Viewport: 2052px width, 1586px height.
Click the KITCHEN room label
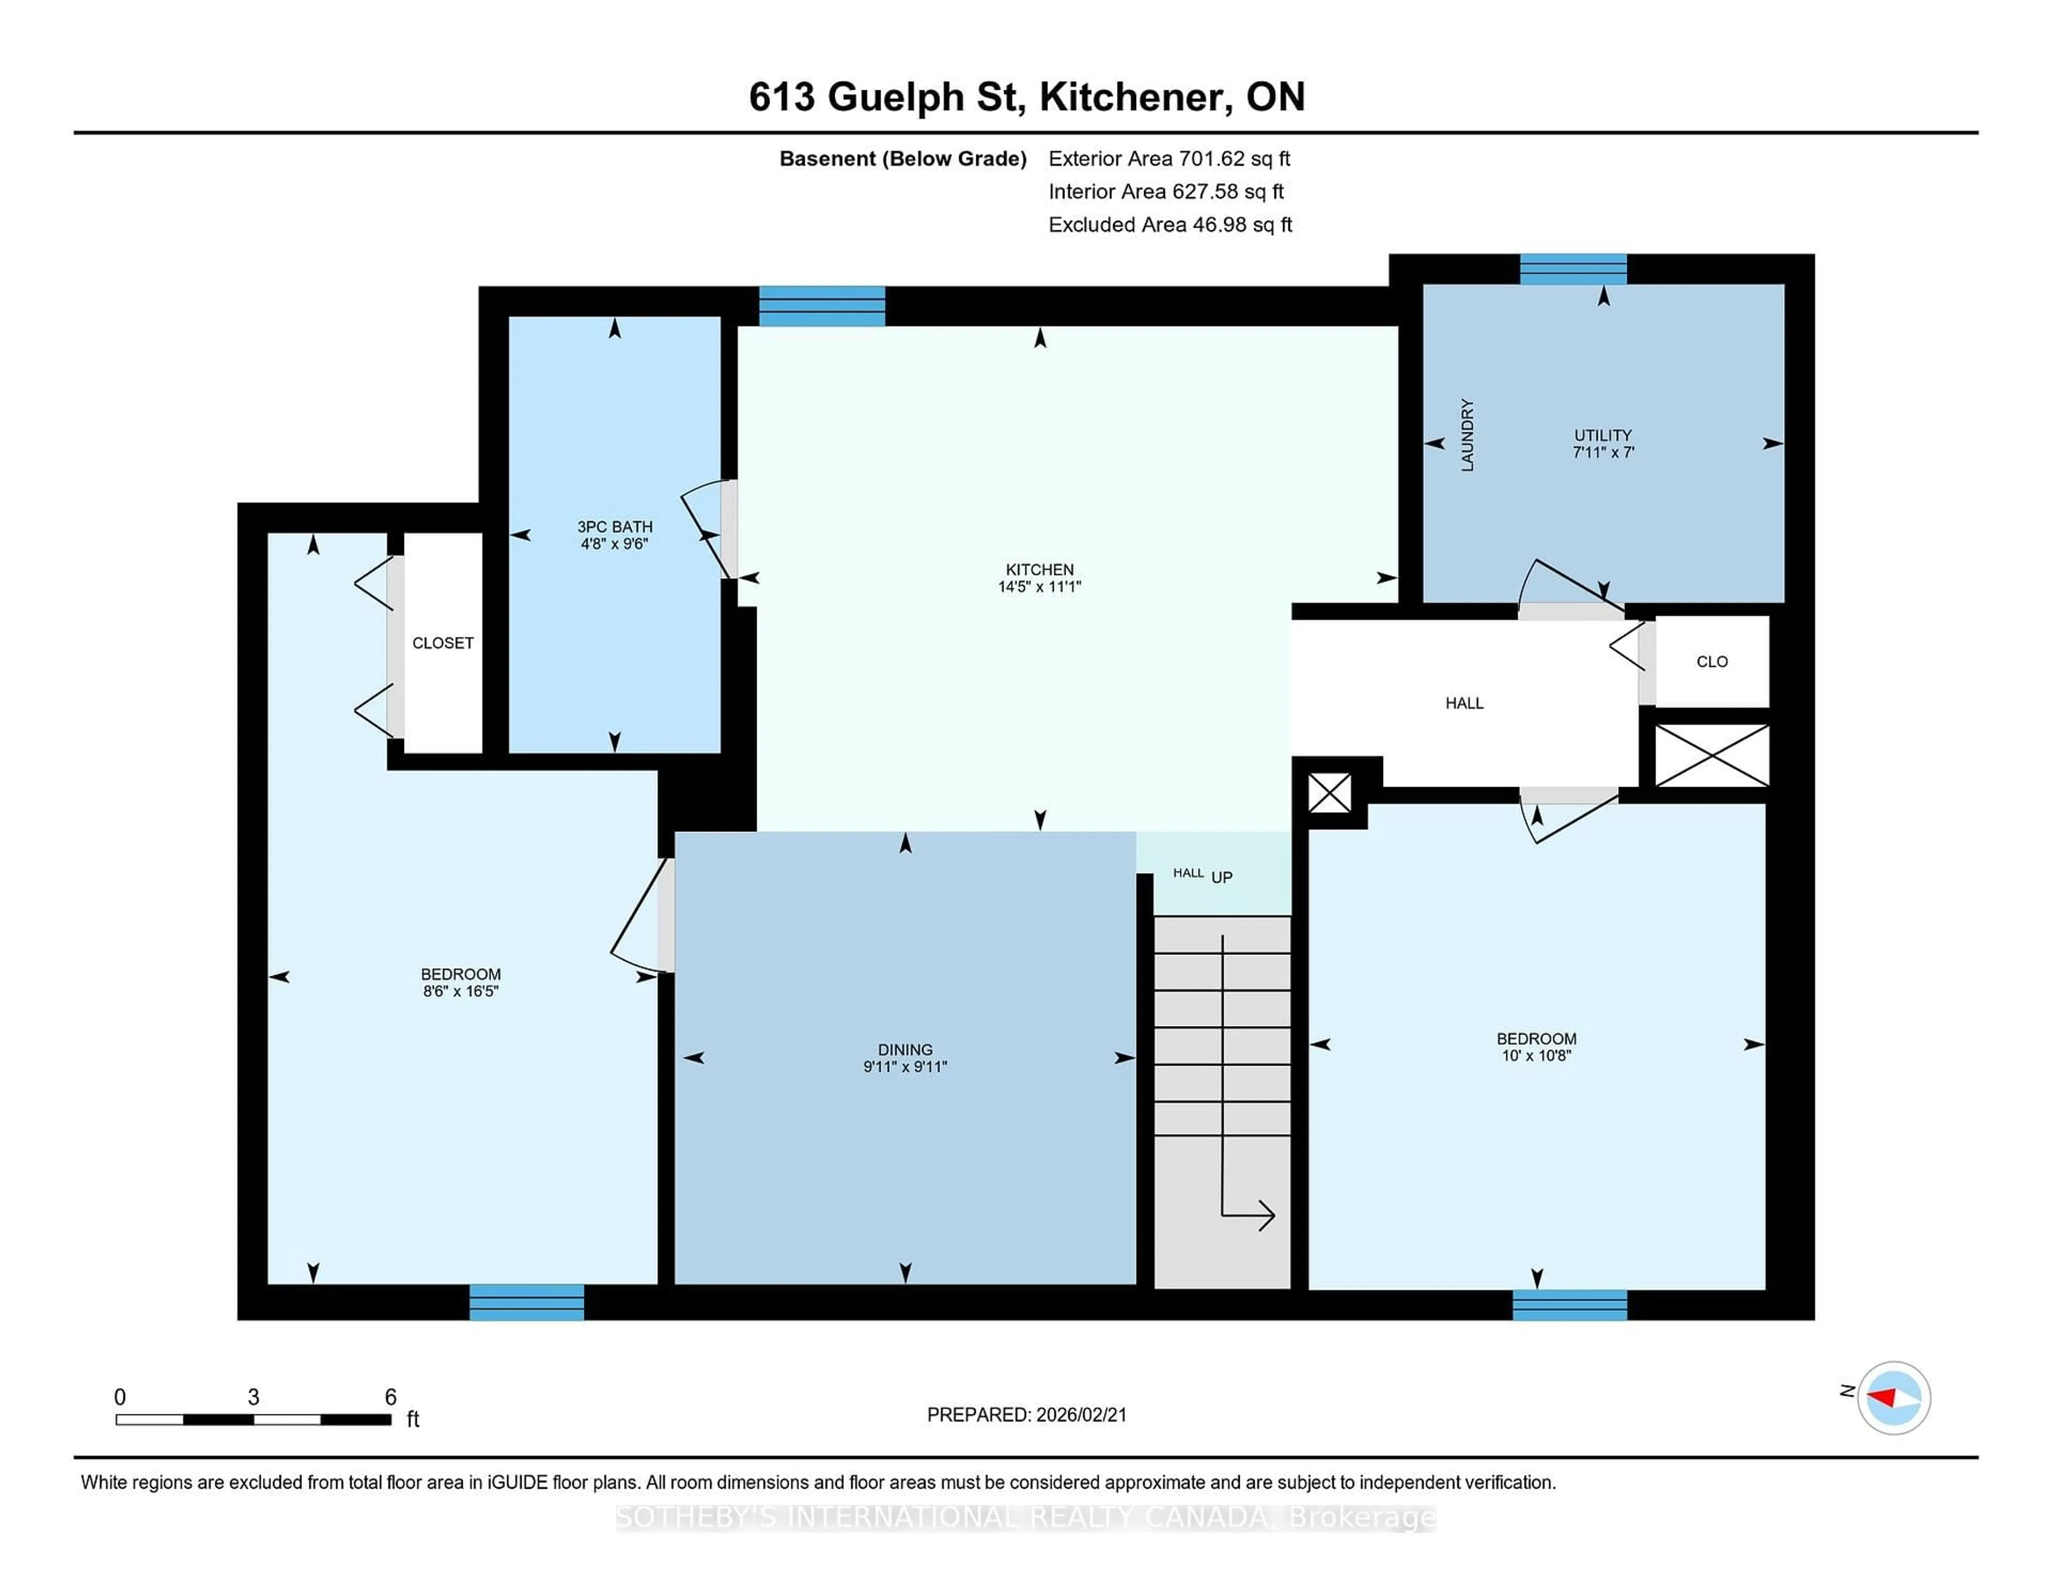(x=1039, y=570)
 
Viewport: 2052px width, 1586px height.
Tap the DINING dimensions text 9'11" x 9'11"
(x=905, y=1067)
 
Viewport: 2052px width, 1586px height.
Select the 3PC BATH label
(x=615, y=527)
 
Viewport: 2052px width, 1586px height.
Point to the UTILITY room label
(x=1603, y=435)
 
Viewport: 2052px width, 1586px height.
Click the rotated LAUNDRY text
(x=1467, y=435)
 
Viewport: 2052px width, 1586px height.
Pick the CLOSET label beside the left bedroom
(x=442, y=643)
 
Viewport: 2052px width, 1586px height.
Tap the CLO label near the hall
(x=1712, y=662)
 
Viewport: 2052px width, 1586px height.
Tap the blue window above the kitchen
(x=821, y=306)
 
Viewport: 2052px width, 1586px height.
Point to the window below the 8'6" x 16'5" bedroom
(x=526, y=1302)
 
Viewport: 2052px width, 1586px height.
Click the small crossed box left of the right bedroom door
(x=1330, y=793)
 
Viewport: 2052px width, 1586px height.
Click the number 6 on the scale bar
(x=390, y=1397)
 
